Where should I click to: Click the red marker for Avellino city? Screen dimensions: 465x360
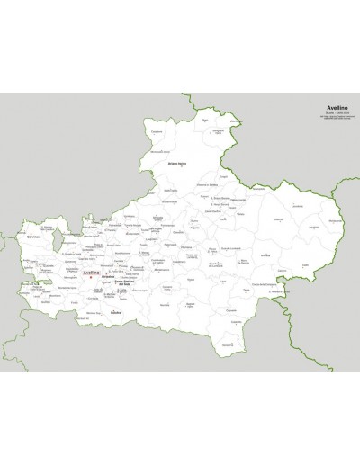click(93, 278)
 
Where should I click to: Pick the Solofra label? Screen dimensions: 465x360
click(114, 311)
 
